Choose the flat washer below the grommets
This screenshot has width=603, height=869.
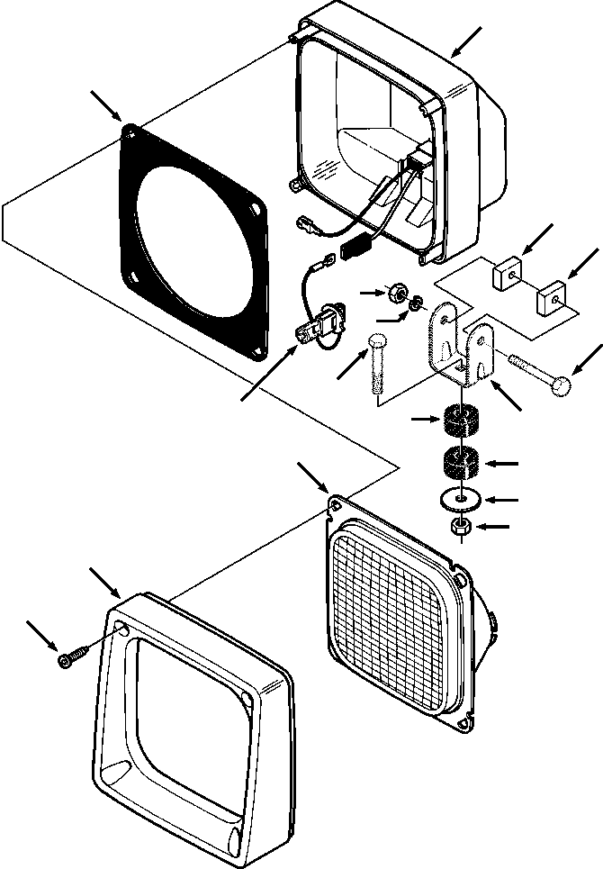[x=460, y=498]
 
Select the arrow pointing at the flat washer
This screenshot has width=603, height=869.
[x=504, y=498]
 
